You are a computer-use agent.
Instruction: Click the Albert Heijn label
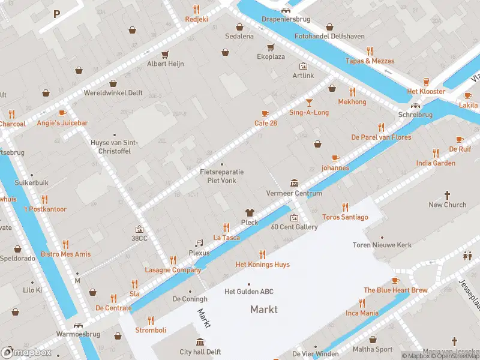166,64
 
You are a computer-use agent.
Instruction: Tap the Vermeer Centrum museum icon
294,182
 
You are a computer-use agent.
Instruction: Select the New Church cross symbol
447,195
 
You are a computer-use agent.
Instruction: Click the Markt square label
264,310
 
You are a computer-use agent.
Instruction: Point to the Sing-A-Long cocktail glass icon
309,103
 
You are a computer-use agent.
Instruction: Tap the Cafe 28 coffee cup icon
265,113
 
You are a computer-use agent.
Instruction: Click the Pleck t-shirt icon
250,212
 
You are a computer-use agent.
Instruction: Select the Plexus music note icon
199,243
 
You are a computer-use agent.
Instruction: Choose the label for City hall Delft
200,352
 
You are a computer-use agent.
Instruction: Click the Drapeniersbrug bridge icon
286,9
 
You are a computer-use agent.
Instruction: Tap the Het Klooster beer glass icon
426,82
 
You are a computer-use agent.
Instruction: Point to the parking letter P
57,14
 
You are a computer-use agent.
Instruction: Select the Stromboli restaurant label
151,330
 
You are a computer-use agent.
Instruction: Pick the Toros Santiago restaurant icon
344,207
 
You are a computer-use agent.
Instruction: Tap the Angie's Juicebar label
62,123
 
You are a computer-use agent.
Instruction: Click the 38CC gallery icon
139,229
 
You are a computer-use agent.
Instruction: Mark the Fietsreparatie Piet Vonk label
221,176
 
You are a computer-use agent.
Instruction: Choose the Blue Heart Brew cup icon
395,280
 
